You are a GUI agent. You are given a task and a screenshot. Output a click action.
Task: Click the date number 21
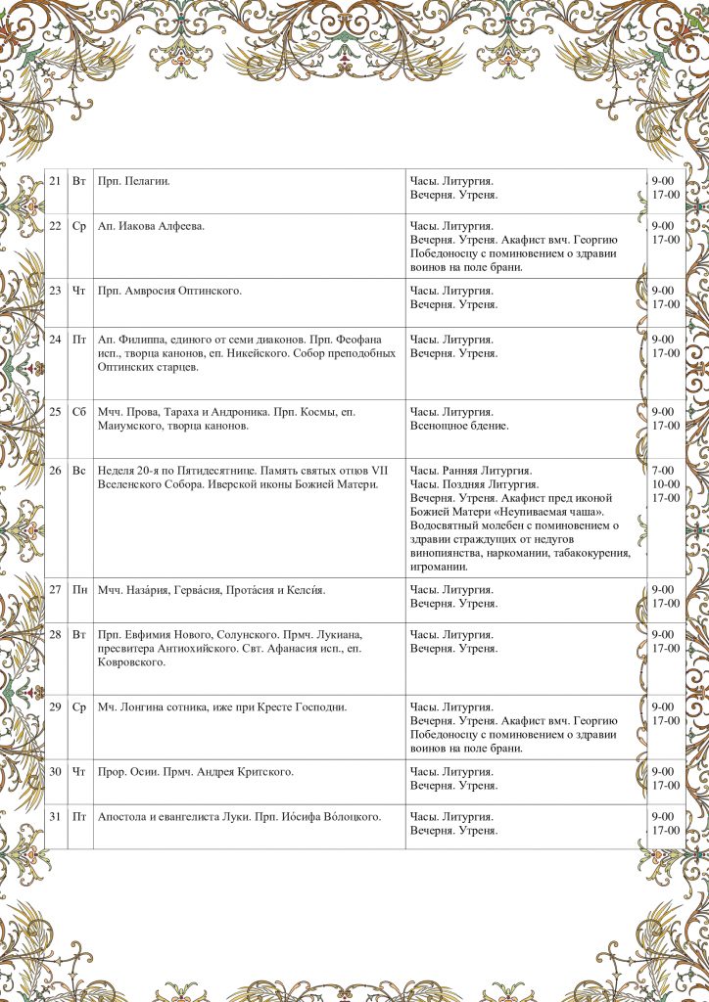(55, 182)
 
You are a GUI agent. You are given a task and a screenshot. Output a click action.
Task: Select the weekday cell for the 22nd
(79, 227)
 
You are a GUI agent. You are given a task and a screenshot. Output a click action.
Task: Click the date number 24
(55, 340)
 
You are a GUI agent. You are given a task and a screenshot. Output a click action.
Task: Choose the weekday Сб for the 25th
(79, 412)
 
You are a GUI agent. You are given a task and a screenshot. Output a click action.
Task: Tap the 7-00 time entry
(665, 471)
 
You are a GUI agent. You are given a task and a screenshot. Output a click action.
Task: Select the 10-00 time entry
(666, 484)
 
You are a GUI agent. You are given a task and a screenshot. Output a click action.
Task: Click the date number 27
(55, 590)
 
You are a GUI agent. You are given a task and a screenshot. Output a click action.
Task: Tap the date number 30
(55, 772)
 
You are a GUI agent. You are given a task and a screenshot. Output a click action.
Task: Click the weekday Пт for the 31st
(79, 817)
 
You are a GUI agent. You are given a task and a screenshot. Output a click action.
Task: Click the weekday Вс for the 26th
(79, 471)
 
